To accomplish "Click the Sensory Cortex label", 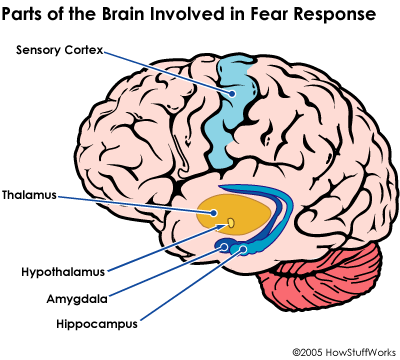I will [60, 49].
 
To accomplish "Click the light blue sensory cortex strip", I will [235, 110].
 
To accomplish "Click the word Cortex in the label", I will [84, 49].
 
